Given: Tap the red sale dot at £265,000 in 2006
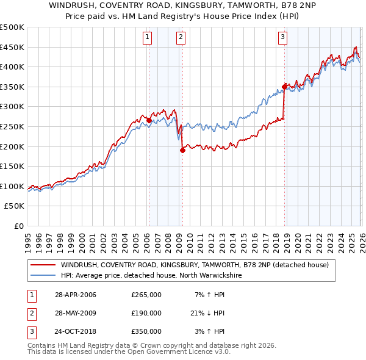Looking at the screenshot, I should [x=149, y=121].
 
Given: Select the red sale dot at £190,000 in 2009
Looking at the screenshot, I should [x=182, y=150].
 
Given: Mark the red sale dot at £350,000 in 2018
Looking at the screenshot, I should [x=284, y=87].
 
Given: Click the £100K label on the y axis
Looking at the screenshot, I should [x=12, y=186].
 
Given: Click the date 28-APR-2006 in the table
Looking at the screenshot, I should [x=75, y=295].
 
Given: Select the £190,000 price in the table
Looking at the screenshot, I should [x=146, y=313].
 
